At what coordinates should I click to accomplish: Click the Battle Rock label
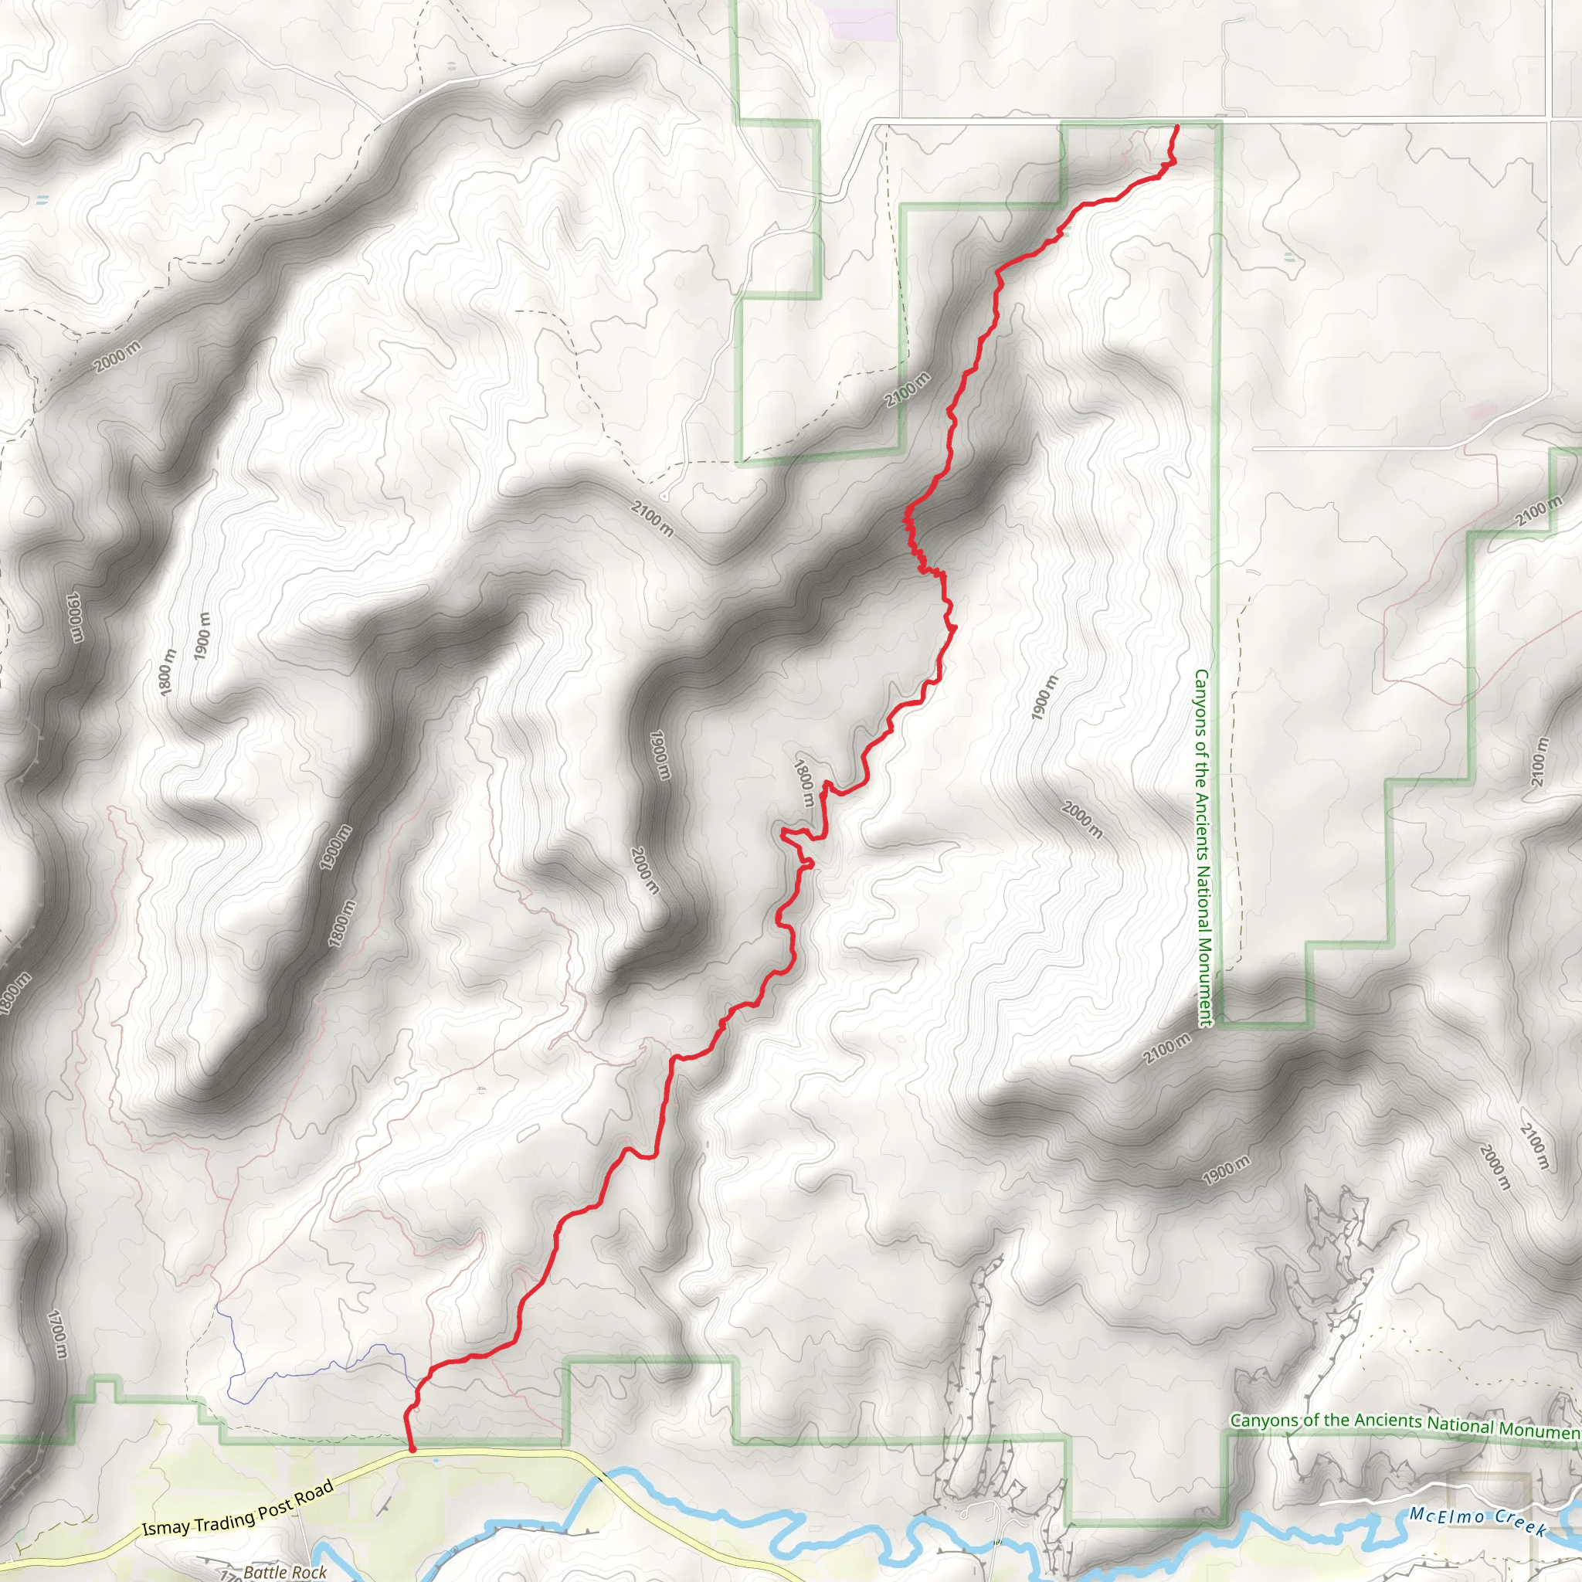tap(284, 1571)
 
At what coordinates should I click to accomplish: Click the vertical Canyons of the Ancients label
tap(1202, 848)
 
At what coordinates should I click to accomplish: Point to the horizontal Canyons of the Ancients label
tap(1405, 1424)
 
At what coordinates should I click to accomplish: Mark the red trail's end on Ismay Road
tap(412, 1449)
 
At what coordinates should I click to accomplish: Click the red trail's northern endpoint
tap(1176, 126)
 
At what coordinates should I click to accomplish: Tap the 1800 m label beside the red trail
tap(804, 783)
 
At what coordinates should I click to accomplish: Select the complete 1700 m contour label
tap(56, 1335)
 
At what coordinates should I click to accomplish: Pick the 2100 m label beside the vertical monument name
tap(1167, 1049)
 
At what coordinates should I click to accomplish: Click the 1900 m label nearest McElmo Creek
tap(1227, 1170)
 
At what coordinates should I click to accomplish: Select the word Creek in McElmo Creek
tap(1519, 1525)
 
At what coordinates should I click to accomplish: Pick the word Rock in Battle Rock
tap(310, 1572)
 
